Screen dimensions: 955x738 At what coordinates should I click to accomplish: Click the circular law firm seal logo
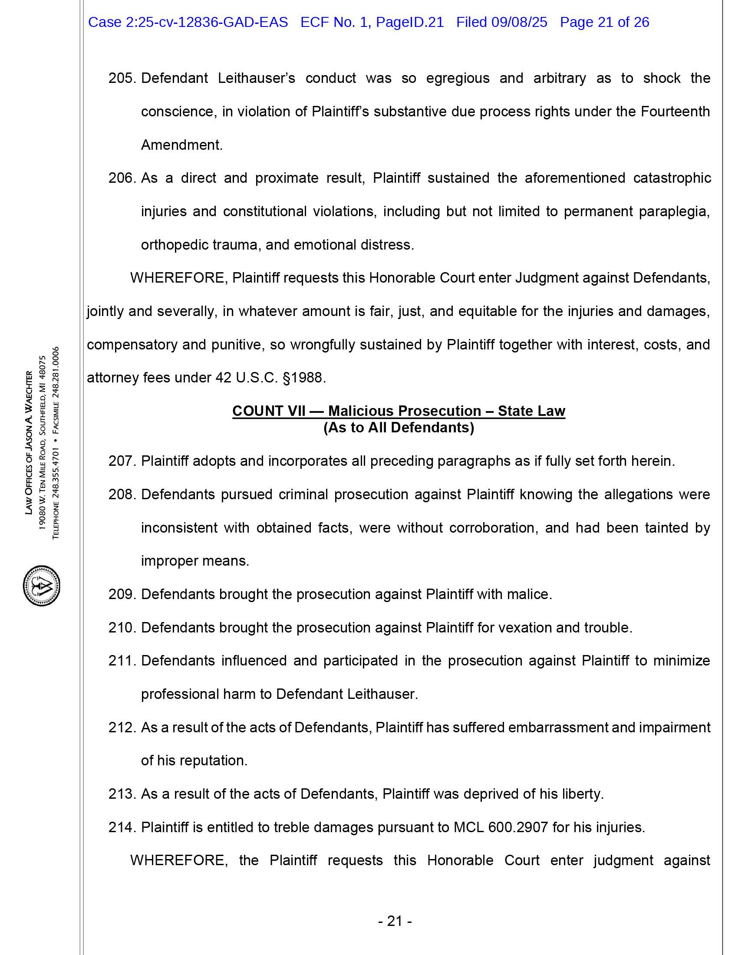41,586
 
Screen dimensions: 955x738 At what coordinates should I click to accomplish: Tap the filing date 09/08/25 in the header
519,22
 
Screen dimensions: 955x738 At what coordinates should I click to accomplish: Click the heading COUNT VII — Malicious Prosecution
398,411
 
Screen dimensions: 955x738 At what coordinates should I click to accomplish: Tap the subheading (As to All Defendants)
398,427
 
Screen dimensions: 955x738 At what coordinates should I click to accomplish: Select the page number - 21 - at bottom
395,921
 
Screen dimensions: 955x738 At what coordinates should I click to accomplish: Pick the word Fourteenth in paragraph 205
675,112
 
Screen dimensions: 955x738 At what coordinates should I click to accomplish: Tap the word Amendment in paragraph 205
181,145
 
